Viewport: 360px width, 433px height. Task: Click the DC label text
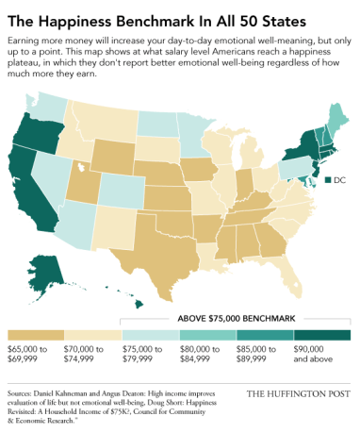pos(338,180)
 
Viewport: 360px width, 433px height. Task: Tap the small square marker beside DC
pos(326,180)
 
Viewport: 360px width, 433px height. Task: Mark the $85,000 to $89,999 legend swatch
pos(265,335)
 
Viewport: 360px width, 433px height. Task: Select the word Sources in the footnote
pos(25,389)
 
